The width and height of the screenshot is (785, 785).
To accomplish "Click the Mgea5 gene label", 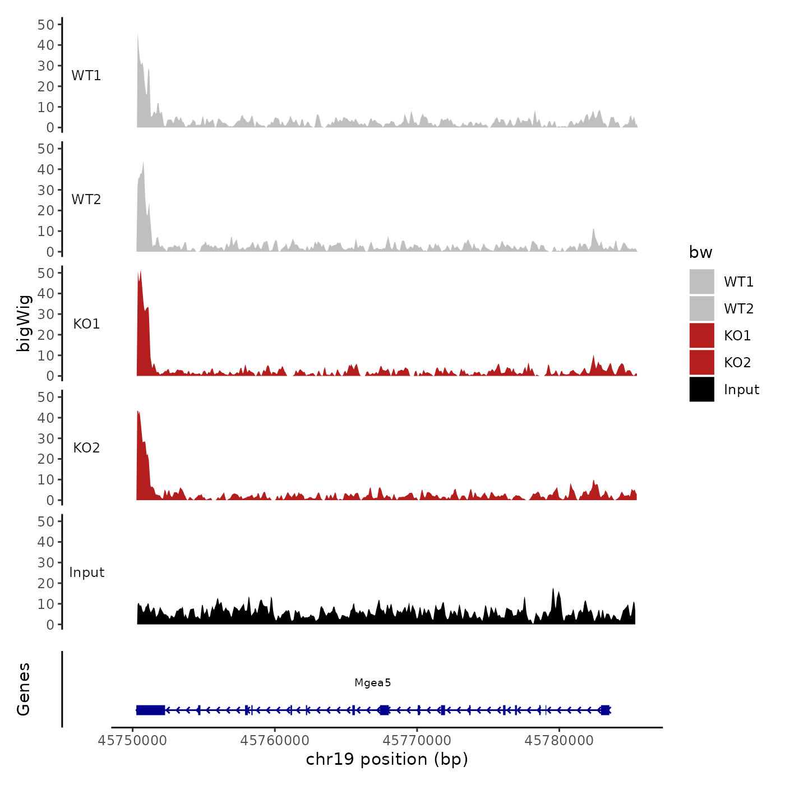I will tap(372, 682).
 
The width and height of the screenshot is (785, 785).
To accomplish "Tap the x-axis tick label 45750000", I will tap(132, 741).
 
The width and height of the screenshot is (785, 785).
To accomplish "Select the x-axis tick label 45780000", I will tap(558, 741).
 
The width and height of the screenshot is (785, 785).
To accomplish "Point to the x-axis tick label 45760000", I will tap(275, 741).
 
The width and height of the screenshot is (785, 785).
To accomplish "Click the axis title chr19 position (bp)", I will tap(387, 759).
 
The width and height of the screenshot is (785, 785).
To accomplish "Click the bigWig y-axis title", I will tap(24, 324).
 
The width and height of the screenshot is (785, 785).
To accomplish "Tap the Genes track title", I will tap(24, 689).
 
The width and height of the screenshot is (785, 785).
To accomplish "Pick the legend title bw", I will tap(700, 252).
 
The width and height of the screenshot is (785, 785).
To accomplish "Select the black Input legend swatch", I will tap(701, 389).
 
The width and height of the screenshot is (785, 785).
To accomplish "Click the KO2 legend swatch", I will tap(701, 362).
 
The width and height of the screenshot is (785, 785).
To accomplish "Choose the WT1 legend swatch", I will tap(701, 281).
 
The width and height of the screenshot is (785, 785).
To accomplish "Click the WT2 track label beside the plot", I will tap(86, 200).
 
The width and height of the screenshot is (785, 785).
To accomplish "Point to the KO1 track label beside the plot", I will tap(86, 324).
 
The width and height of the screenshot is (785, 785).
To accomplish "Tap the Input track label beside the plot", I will tap(86, 572).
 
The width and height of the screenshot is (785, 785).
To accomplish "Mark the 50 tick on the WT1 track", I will tap(46, 25).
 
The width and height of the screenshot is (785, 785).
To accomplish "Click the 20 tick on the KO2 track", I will tap(46, 459).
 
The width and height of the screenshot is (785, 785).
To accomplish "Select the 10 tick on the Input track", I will tap(46, 604).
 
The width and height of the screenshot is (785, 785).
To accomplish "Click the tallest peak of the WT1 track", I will tap(138, 36).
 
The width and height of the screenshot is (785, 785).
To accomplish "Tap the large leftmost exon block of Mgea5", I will tap(150, 710).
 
